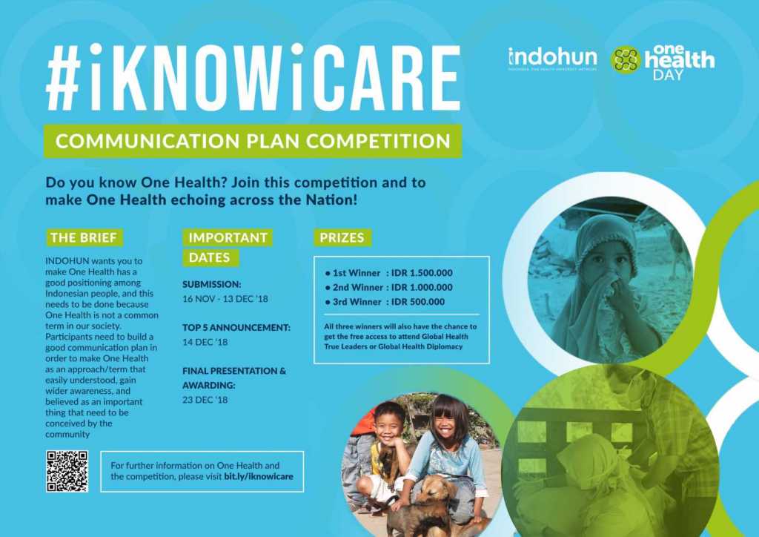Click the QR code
pyautogui.click(x=67, y=470)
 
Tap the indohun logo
pyautogui.click(x=552, y=59)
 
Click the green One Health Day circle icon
pyautogui.click(x=626, y=60)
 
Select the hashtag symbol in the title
pyautogui.click(x=67, y=78)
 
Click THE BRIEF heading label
pyautogui.click(x=83, y=238)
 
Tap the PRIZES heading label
pyautogui.click(x=342, y=238)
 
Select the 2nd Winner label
pyautogui.click(x=357, y=287)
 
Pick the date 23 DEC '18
pyautogui.click(x=205, y=400)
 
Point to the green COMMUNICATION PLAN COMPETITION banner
pyautogui.click(x=252, y=141)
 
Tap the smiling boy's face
pyautogui.click(x=388, y=422)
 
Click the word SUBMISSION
pyautogui.click(x=212, y=284)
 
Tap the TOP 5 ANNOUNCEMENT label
pyautogui.click(x=236, y=327)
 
